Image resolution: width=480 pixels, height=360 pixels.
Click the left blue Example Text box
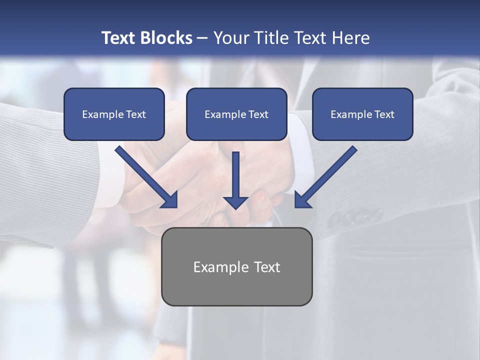coord(114,114)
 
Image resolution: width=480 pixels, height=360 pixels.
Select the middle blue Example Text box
coord(236,114)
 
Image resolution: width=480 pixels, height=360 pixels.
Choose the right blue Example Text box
coord(362,114)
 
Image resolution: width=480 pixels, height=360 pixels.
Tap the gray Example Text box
coord(237,266)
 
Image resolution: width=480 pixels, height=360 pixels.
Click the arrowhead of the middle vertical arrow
coord(236,202)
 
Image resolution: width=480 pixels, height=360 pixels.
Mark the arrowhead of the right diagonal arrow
coord(302,199)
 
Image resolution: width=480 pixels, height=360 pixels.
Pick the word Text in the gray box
coord(267,267)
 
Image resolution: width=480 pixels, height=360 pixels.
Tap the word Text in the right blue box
coord(384,114)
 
